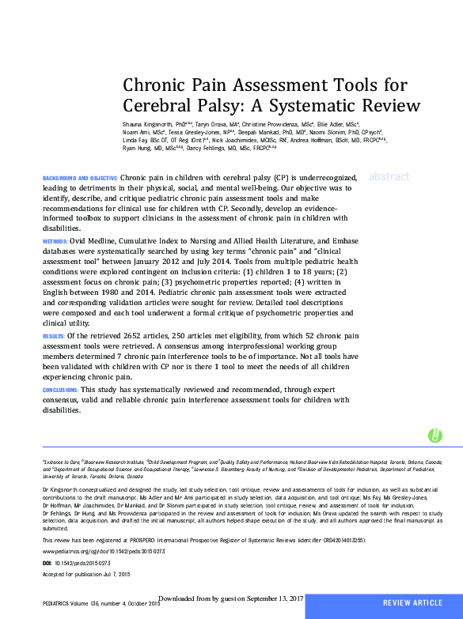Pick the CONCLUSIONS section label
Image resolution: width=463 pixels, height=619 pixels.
click(60, 391)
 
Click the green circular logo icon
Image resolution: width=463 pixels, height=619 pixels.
click(435, 436)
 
